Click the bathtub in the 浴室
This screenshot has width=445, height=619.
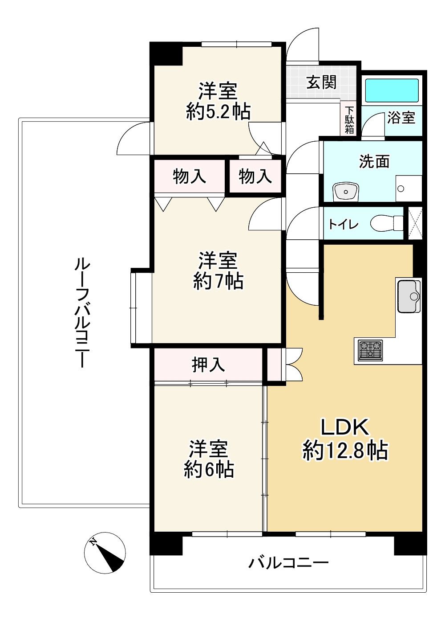click(392, 90)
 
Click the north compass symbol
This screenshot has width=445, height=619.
click(105, 553)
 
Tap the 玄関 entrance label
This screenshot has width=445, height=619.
click(321, 82)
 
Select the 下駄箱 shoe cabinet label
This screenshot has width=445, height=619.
click(349, 119)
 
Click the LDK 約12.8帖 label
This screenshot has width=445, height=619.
click(345, 439)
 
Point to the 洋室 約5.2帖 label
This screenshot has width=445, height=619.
click(218, 101)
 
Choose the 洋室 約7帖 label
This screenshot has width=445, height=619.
click(218, 271)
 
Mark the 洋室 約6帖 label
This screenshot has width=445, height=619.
click(209, 459)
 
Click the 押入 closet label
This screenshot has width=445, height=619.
click(208, 365)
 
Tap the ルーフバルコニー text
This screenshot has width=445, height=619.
click(82, 312)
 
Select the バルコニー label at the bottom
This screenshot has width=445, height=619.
click(288, 562)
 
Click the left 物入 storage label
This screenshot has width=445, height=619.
click(189, 176)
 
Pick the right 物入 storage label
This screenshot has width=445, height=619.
click(255, 176)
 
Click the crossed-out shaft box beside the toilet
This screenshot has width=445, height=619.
click(415, 223)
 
